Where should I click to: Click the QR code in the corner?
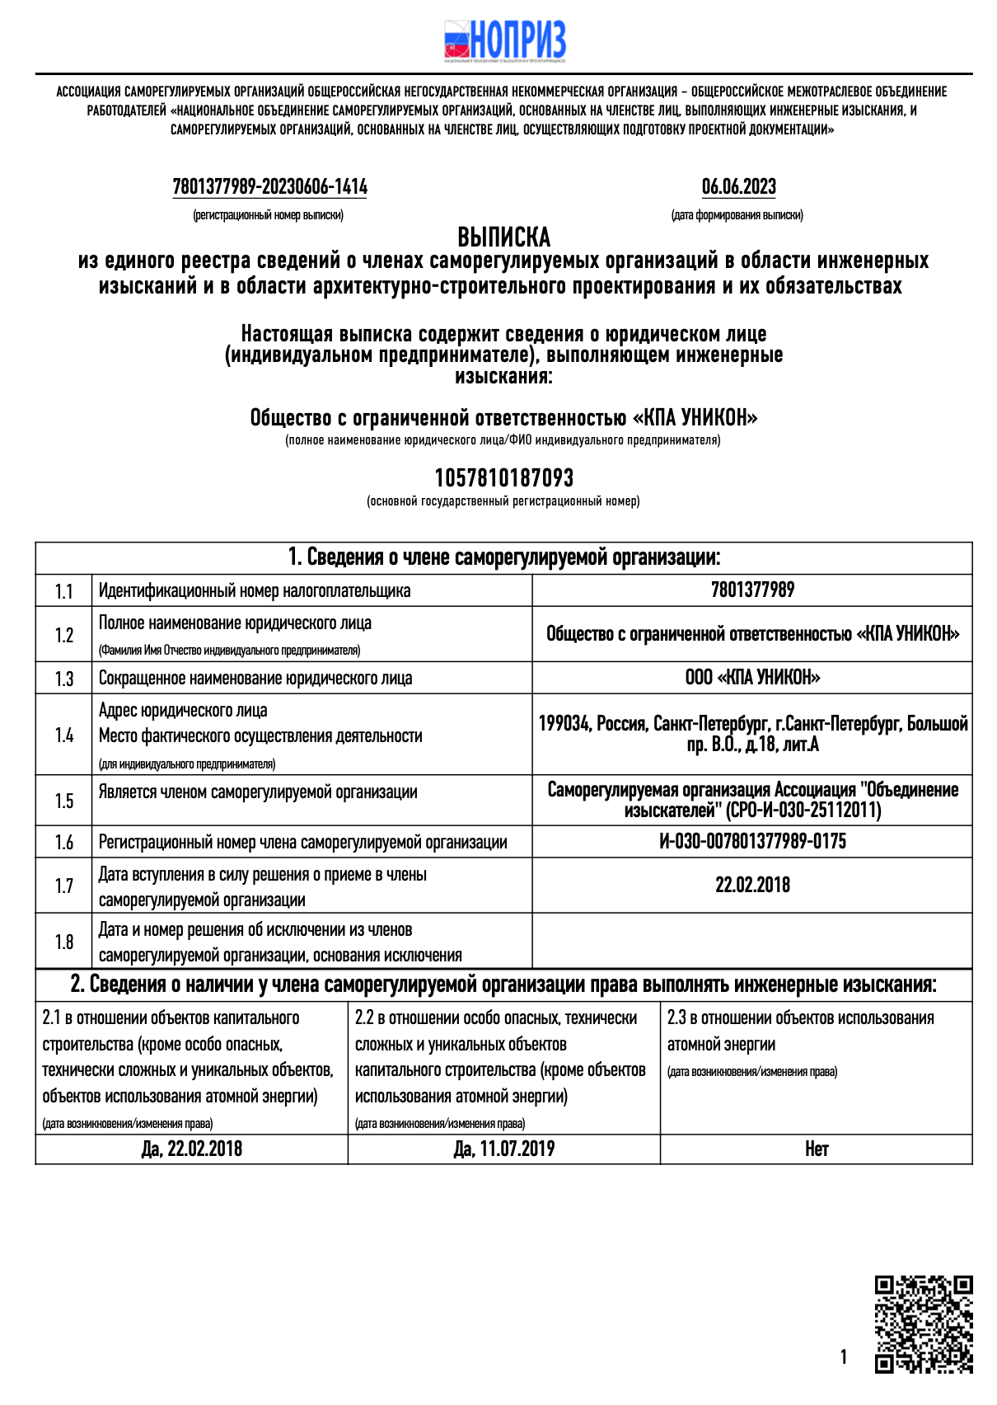pyautogui.click(x=923, y=1324)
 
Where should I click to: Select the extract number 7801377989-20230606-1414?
pyautogui.click(x=269, y=187)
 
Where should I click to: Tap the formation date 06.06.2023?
pyautogui.click(x=738, y=187)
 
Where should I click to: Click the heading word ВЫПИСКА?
pyautogui.click(x=503, y=237)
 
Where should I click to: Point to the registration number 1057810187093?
pyautogui.click(x=503, y=478)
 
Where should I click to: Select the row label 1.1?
pyautogui.click(x=63, y=591)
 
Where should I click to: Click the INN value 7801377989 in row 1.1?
pyautogui.click(x=752, y=590)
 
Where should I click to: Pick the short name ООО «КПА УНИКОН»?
pyautogui.click(x=752, y=678)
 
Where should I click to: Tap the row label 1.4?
pyautogui.click(x=63, y=735)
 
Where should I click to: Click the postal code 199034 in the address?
pyautogui.click(x=564, y=724)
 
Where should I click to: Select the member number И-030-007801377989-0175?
pyautogui.click(x=752, y=842)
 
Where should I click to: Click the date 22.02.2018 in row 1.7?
pyautogui.click(x=752, y=886)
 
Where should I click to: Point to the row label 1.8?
pyautogui.click(x=63, y=942)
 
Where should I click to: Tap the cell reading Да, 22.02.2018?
pyautogui.click(x=191, y=1149)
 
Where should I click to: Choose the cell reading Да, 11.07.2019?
pyautogui.click(x=503, y=1149)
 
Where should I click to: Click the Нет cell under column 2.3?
pyautogui.click(x=816, y=1149)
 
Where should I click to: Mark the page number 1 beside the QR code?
pyautogui.click(x=843, y=1357)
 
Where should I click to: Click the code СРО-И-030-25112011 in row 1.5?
pyautogui.click(x=803, y=811)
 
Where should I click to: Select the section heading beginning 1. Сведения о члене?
pyautogui.click(x=503, y=558)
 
